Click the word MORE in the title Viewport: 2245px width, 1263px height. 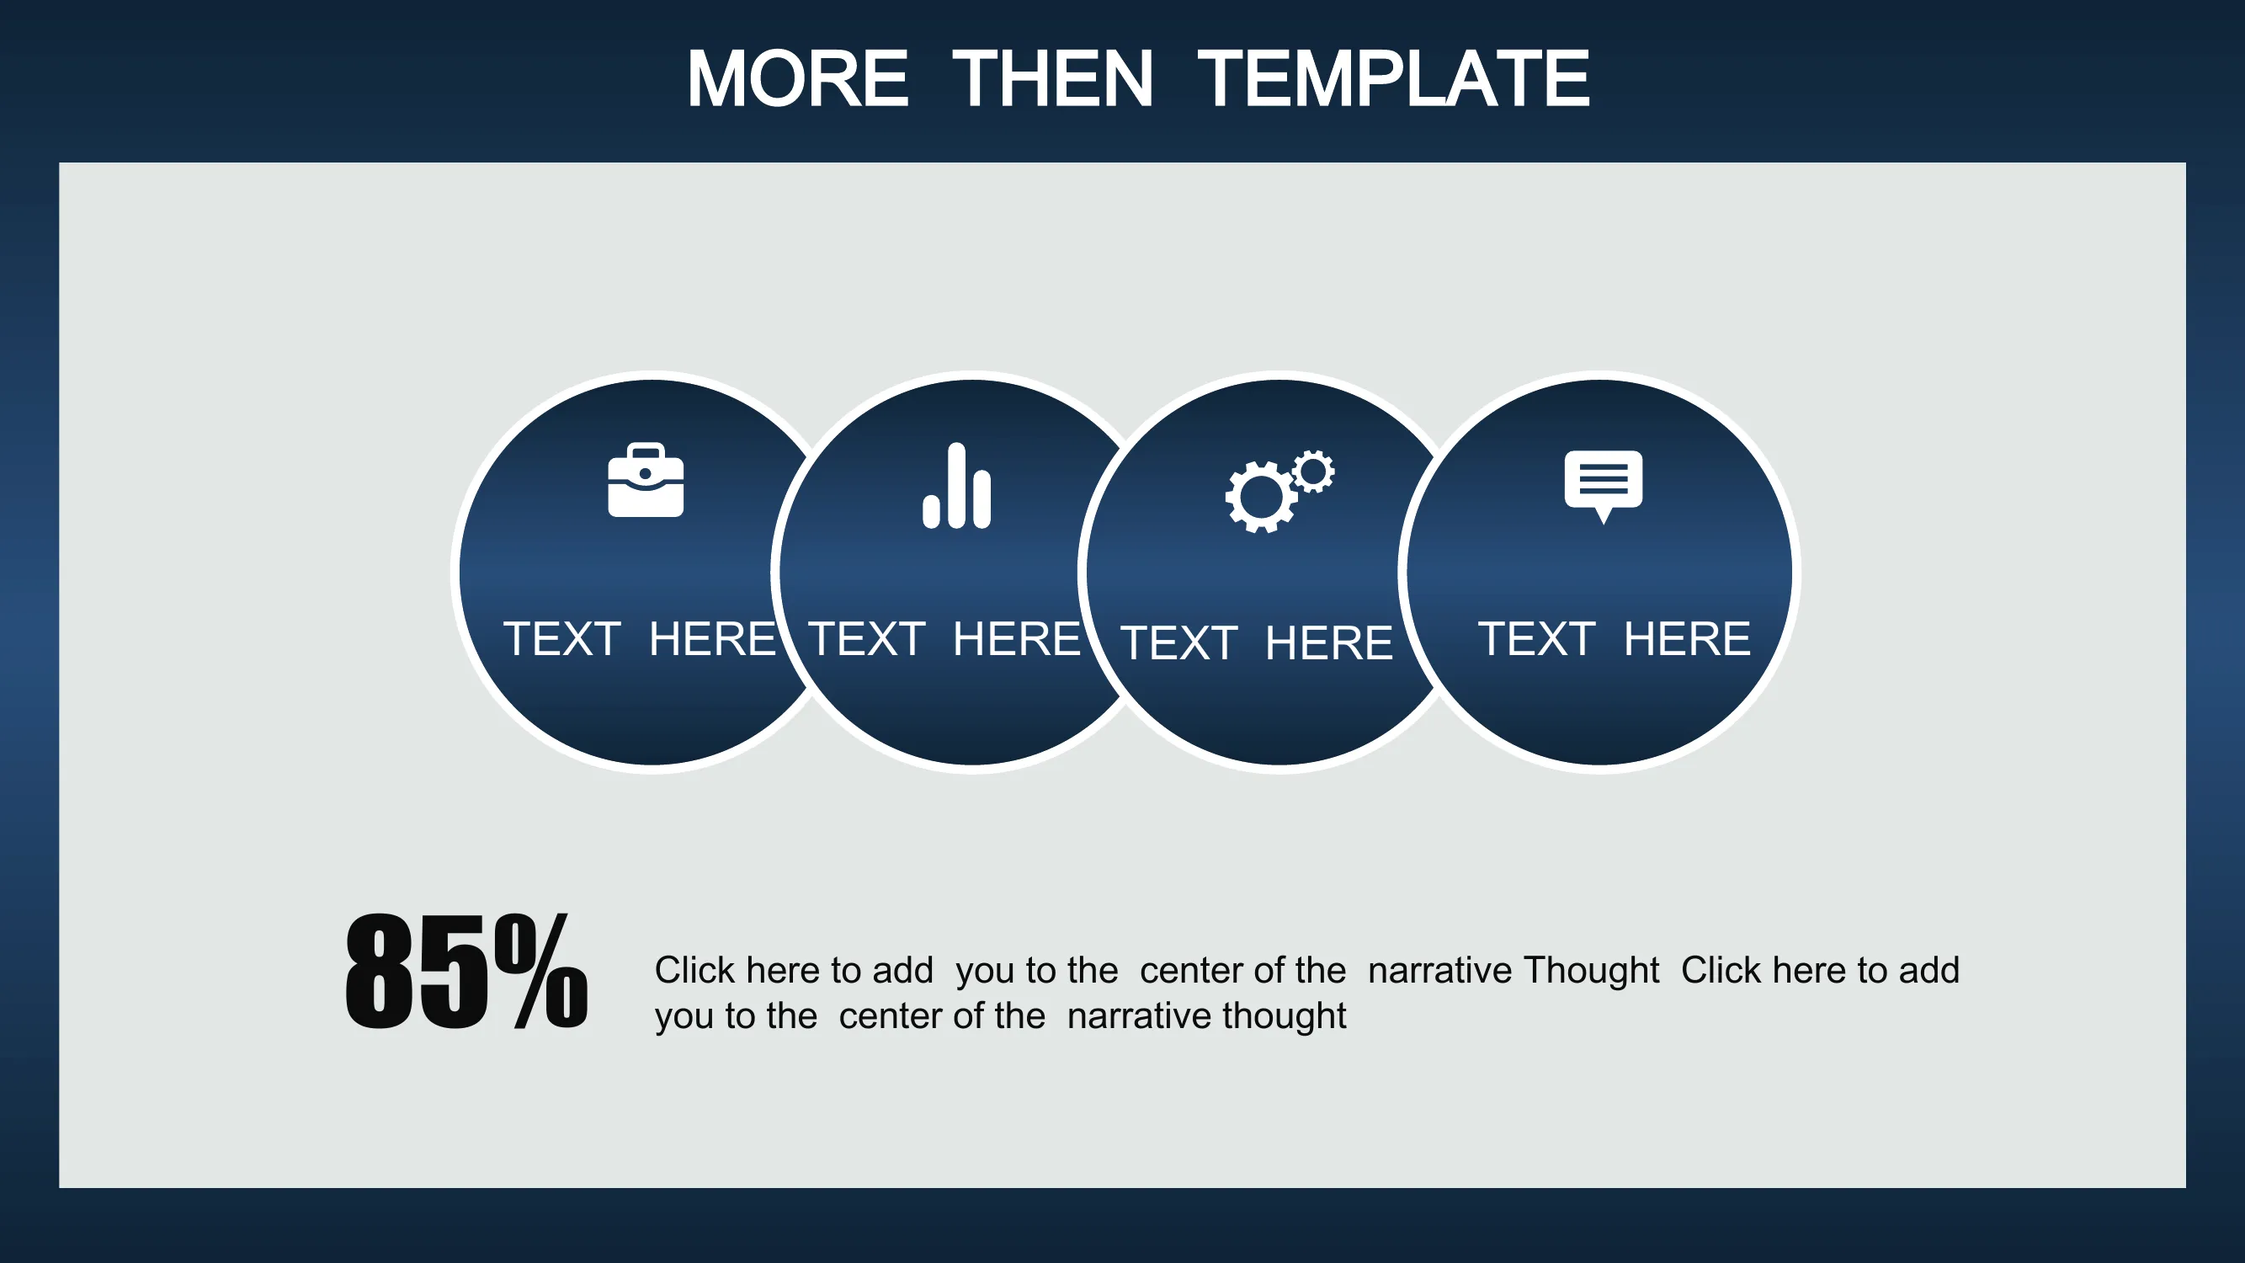[797, 78]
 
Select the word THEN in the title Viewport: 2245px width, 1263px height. [1052, 78]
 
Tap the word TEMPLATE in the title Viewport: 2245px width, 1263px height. [1393, 78]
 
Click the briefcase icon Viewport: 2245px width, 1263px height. [646, 480]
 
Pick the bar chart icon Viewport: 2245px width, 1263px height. [957, 486]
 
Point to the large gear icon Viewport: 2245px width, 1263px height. [1260, 497]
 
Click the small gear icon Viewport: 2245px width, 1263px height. [1313, 472]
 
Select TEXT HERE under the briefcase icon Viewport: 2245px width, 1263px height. [640, 639]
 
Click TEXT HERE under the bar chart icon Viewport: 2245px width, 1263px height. [944, 639]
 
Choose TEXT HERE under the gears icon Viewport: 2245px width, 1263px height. [1257, 643]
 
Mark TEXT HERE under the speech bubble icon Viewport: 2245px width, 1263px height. [1614, 639]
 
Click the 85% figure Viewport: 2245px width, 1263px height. [466, 971]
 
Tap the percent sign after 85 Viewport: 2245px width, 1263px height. [541, 971]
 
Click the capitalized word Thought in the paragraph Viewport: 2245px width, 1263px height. [1592, 970]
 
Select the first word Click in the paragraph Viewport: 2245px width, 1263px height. [694, 970]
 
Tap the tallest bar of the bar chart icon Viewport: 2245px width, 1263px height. [957, 486]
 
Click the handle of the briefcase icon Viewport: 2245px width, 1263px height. [646, 451]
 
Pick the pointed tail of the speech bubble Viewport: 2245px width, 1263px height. [1603, 516]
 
